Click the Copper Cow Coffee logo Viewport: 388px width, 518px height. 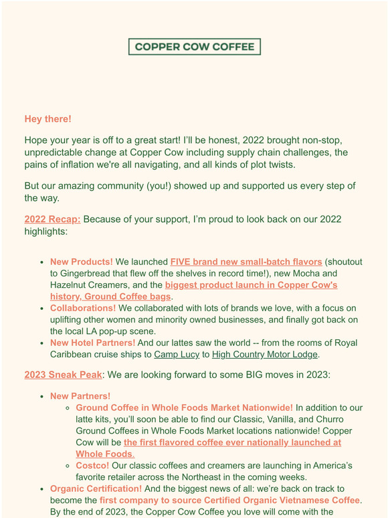(x=194, y=47)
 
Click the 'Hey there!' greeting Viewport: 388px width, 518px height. (x=47, y=119)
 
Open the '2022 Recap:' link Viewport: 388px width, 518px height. (x=52, y=219)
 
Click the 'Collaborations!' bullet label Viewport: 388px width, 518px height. (x=82, y=308)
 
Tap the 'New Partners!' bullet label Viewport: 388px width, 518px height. (x=80, y=396)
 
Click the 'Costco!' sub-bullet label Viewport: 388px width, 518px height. (x=92, y=466)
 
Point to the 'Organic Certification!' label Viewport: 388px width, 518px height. (x=96, y=489)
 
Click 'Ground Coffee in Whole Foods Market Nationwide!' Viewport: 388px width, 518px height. (x=184, y=408)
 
